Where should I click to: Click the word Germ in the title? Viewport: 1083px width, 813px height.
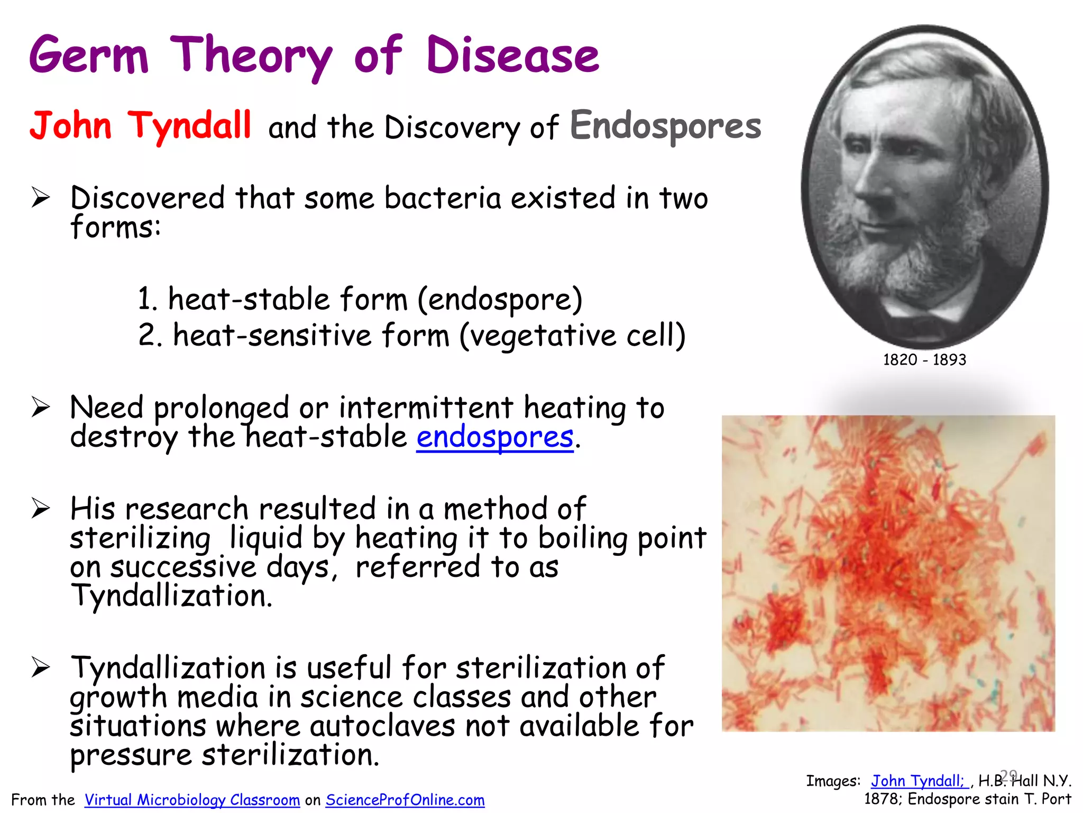pyautogui.click(x=89, y=56)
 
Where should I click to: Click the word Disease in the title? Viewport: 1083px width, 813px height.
pyautogui.click(x=512, y=56)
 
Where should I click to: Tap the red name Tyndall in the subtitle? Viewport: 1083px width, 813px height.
pyautogui.click(x=189, y=126)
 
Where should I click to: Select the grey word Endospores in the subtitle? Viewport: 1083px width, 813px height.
pyautogui.click(x=665, y=126)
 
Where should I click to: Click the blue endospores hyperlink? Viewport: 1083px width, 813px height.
pyautogui.click(x=495, y=438)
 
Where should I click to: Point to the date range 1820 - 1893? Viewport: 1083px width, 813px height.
pyautogui.click(x=924, y=360)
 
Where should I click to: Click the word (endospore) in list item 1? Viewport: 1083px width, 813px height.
pyautogui.click(x=500, y=300)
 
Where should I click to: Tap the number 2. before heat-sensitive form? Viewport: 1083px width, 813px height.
pyautogui.click(x=150, y=336)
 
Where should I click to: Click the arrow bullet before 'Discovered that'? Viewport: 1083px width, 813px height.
pyautogui.click(x=41, y=198)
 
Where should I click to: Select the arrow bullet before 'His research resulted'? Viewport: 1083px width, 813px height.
pyautogui.click(x=41, y=509)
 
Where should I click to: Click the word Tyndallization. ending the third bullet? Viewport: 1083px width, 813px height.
pyautogui.click(x=172, y=596)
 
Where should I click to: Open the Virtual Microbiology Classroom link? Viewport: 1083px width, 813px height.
pyautogui.click(x=192, y=800)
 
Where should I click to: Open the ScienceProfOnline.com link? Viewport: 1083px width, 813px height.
pyautogui.click(x=405, y=800)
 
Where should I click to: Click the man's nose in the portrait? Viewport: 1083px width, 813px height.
pyautogui.click(x=867, y=177)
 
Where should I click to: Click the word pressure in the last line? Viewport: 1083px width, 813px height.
pyautogui.click(x=131, y=755)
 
